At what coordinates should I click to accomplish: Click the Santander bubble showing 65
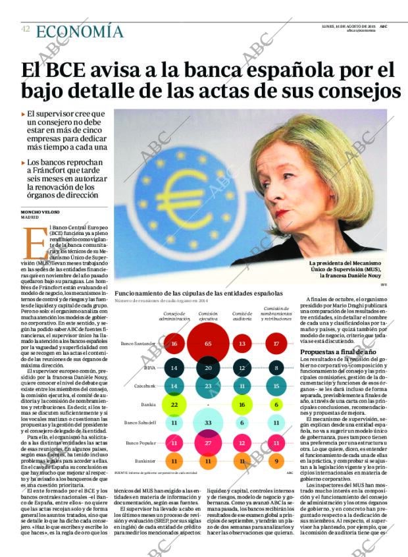[x=208, y=344]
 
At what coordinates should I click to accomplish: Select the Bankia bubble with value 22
[x=174, y=404]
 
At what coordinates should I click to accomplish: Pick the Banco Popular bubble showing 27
[x=208, y=443]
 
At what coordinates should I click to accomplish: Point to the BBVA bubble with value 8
[x=276, y=369]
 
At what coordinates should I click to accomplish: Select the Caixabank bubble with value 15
[x=276, y=386]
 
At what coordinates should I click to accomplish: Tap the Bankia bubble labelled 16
[x=242, y=405]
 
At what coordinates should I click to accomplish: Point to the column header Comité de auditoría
[x=242, y=317]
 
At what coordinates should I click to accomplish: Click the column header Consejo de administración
[x=174, y=317]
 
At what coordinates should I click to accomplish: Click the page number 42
[x=25, y=30]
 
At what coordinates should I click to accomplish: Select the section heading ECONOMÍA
[x=80, y=32]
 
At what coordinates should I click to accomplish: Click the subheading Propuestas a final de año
[x=338, y=352]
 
